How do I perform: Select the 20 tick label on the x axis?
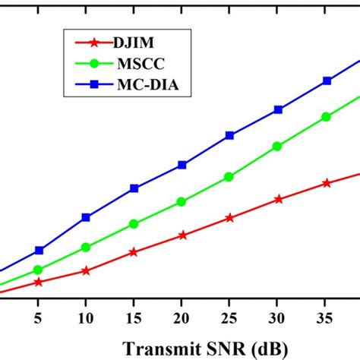pos(182,314)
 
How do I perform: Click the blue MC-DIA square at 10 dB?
pos(86,218)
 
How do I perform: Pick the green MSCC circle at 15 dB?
pos(134,224)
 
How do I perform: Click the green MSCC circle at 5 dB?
pos(38,270)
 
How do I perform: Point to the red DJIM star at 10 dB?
pos(86,270)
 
